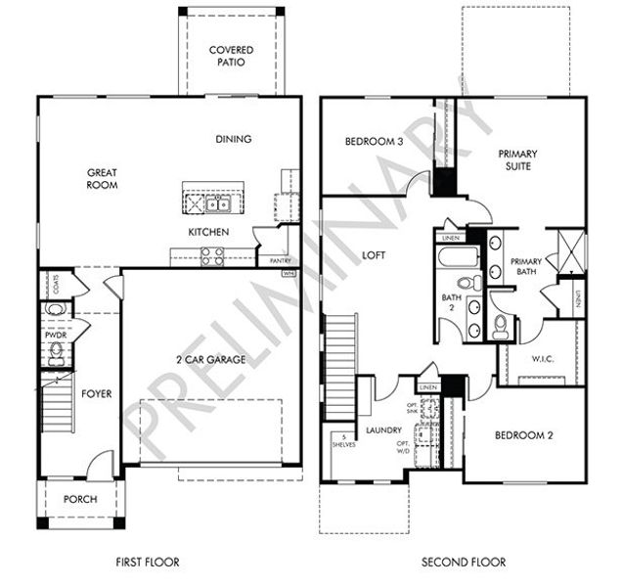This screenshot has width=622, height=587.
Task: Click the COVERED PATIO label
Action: coord(231,56)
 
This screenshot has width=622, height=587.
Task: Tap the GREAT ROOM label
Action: coord(102,177)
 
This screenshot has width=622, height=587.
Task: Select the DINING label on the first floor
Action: coord(234,139)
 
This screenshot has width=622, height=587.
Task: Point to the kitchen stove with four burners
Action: coord(211,256)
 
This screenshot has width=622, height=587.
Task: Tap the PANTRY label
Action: coord(267,260)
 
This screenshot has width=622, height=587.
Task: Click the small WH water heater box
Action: coord(289,274)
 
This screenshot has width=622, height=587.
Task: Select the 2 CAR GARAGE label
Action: coord(204,359)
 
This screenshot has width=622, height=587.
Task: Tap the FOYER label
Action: coord(96,394)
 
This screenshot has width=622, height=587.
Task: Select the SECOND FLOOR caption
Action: coord(464,562)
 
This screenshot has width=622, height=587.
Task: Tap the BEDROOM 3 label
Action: coord(374,142)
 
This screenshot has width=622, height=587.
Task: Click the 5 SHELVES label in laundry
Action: coord(344,441)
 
